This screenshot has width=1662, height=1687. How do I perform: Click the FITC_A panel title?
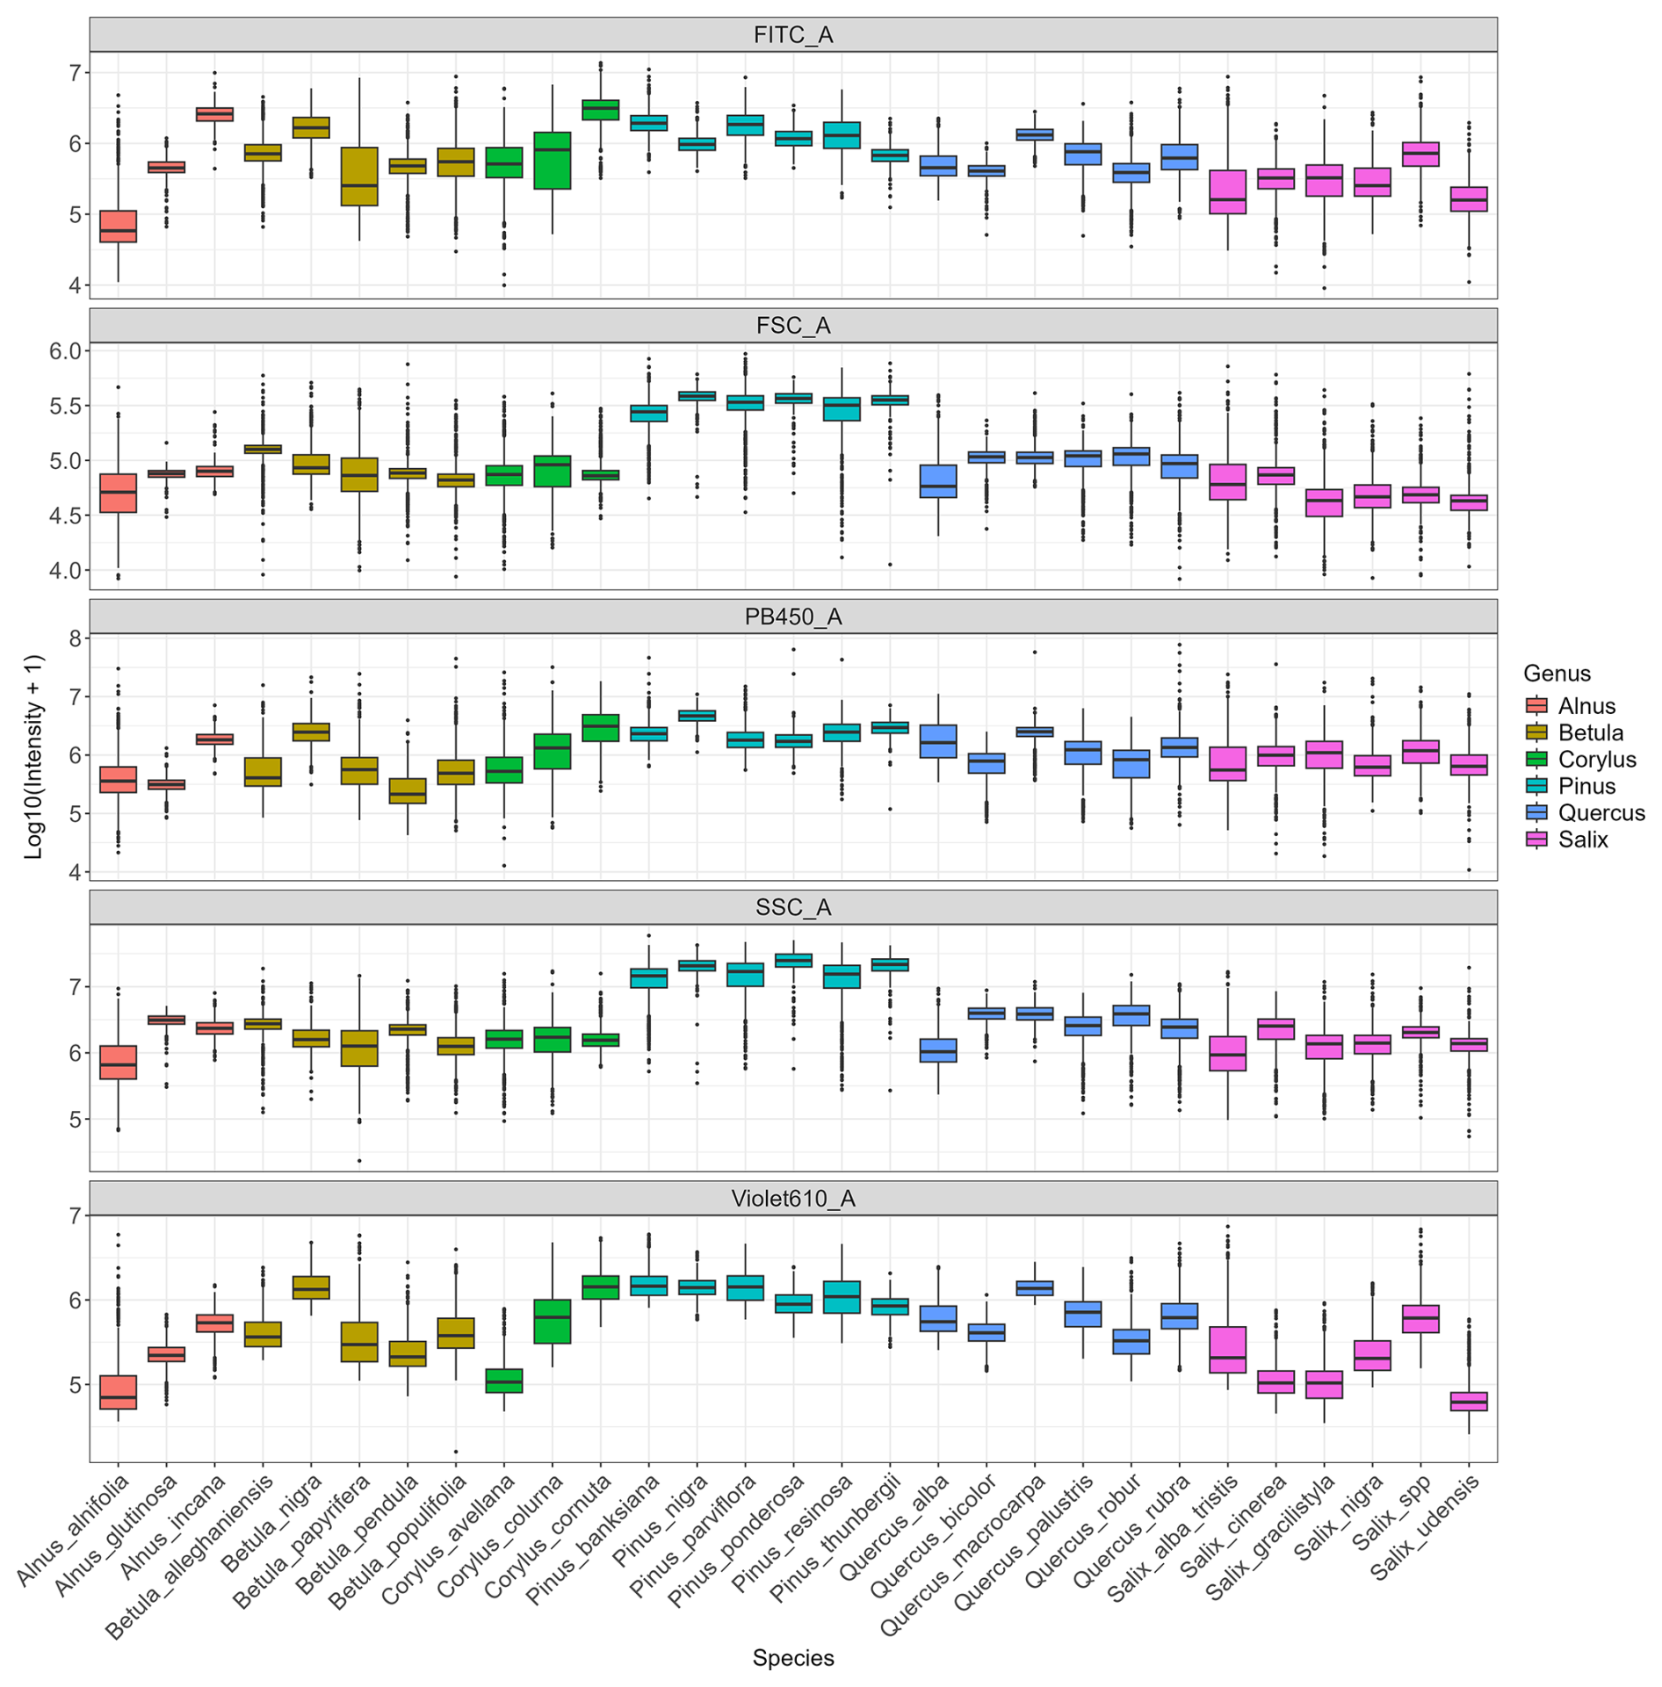coord(792,35)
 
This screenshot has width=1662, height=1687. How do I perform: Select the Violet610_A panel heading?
coord(792,1199)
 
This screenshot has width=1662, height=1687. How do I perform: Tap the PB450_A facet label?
coord(792,616)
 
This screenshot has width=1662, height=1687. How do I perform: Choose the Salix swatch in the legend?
coord(1536,840)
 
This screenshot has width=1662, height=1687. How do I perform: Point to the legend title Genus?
coord(1557,674)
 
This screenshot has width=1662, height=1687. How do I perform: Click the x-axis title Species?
coord(792,1658)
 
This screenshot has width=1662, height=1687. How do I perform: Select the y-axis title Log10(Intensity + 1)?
coord(33,756)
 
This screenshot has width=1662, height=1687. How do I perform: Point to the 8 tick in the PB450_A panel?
coord(76,638)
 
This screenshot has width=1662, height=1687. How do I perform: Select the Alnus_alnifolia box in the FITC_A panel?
coord(118,226)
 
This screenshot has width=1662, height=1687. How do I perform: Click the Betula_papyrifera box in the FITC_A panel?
coord(359,176)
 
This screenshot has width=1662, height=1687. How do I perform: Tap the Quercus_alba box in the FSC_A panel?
coord(938,481)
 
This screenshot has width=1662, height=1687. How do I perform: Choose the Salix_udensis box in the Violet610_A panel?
coord(1468,1401)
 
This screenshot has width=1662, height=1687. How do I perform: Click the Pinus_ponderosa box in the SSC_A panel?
coord(793,960)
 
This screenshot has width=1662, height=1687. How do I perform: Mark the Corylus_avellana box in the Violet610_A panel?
coord(504,1381)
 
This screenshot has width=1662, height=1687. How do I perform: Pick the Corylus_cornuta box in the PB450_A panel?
coord(600,728)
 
